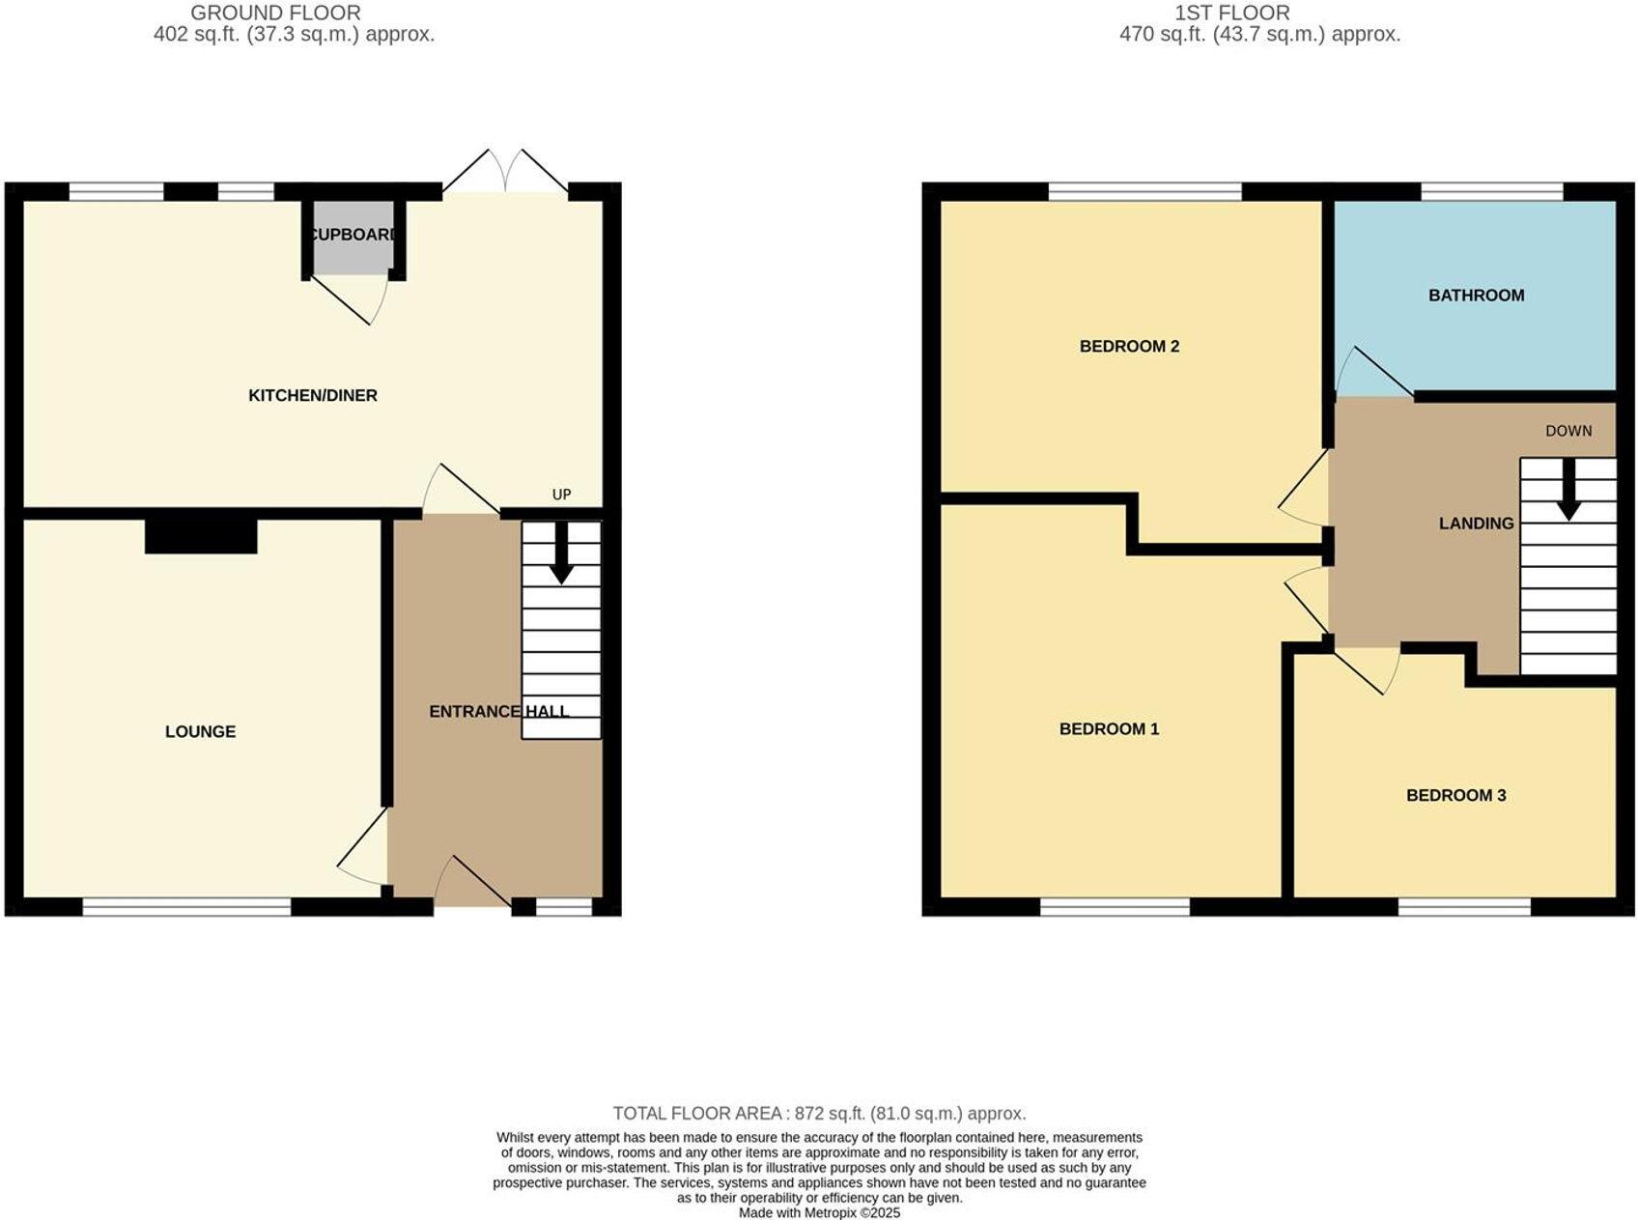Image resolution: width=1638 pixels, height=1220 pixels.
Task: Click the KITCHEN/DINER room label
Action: click(x=312, y=395)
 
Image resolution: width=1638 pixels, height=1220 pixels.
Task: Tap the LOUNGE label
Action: click(x=200, y=731)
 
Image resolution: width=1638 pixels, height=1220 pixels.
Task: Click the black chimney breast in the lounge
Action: click(x=201, y=536)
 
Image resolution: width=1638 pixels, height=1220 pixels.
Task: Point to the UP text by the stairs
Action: click(x=561, y=495)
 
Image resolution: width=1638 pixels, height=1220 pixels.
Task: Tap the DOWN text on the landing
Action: click(x=1568, y=431)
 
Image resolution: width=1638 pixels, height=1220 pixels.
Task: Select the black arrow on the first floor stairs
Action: click(x=1568, y=491)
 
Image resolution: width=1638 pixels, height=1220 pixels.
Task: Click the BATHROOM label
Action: click(x=1476, y=296)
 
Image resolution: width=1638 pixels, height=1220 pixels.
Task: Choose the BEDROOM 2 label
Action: click(x=1129, y=346)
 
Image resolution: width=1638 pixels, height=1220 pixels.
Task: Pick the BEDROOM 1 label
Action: click(x=1109, y=728)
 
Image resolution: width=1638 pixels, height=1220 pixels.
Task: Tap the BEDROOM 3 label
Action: click(x=1455, y=795)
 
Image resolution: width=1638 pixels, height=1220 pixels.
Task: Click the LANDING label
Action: click(x=1476, y=524)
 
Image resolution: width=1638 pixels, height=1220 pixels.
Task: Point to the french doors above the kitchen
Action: click(x=505, y=174)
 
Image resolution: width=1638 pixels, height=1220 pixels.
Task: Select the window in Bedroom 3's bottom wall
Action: click(x=1464, y=906)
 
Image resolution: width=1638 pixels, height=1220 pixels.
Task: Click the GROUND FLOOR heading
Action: click(x=275, y=13)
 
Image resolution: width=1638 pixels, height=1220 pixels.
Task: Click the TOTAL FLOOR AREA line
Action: click(x=819, y=1113)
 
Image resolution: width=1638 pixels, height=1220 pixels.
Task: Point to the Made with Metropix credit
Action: click(x=819, y=1212)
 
